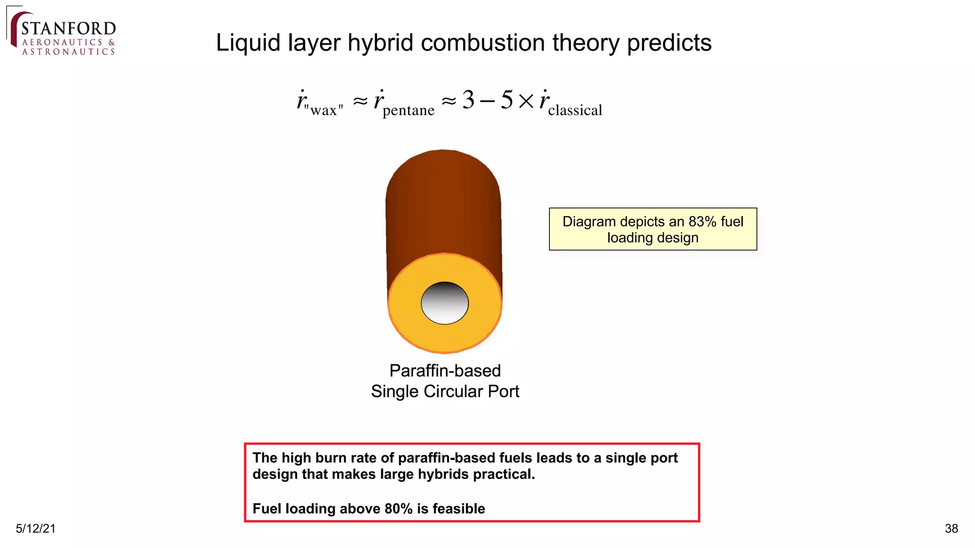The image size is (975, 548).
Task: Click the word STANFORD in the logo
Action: coord(69,29)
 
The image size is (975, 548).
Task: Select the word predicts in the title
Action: coord(669,43)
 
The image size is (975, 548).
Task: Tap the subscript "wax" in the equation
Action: coord(324,110)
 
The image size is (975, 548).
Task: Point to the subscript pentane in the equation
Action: coord(408,110)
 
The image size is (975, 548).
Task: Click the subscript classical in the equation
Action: coord(575,110)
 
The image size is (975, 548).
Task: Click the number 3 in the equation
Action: coord(468,100)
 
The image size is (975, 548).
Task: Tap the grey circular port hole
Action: coord(445,303)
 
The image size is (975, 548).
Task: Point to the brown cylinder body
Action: coord(443,205)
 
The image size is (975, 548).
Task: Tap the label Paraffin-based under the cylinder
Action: coord(445,371)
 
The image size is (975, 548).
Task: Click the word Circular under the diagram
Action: coord(454,391)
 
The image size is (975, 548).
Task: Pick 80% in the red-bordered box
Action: coord(398,509)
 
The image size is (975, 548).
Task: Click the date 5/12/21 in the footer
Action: coord(36,528)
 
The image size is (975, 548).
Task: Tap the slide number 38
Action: coord(951,528)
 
